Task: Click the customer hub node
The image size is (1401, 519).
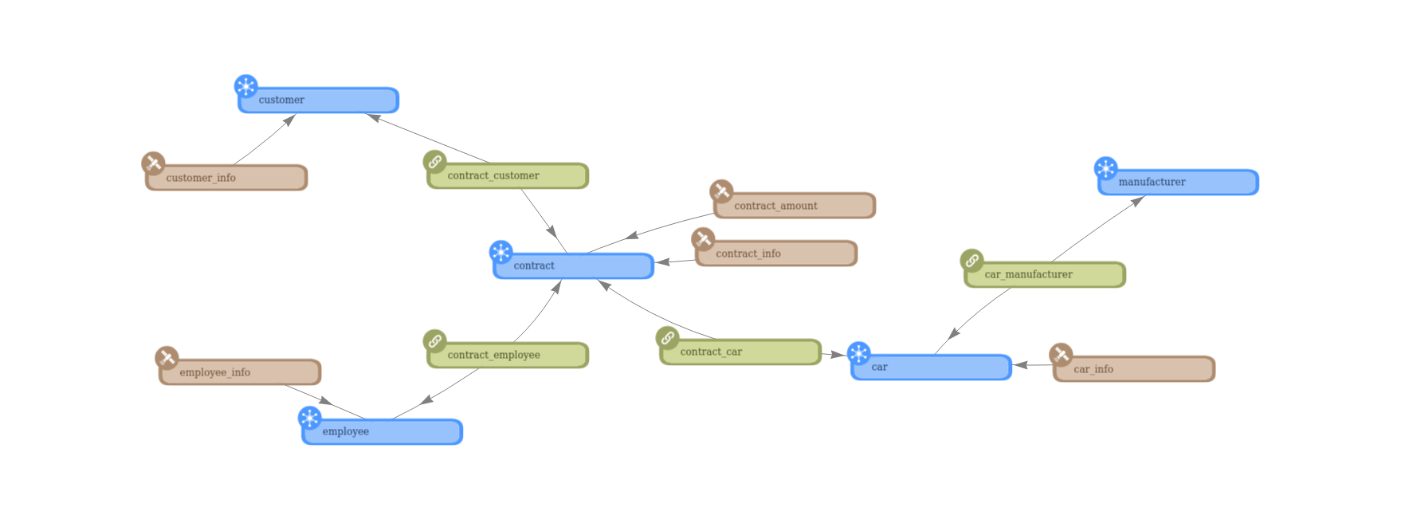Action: (318, 100)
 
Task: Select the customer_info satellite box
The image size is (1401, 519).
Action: (226, 178)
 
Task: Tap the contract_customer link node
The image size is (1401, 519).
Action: (508, 176)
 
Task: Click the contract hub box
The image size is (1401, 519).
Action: (573, 266)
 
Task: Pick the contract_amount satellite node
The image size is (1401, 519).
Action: (795, 206)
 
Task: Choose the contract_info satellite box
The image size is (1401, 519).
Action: (776, 254)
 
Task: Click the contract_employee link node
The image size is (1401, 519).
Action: (508, 356)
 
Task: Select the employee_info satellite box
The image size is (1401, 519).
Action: (240, 372)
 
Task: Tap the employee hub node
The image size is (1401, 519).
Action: (382, 432)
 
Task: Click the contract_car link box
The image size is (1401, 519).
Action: (740, 352)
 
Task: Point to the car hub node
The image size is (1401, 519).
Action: (931, 368)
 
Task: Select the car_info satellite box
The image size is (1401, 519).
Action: (1133, 369)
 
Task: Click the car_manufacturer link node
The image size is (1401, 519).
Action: (1045, 275)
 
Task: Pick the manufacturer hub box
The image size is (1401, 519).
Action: (1178, 183)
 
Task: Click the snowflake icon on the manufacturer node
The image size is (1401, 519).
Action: (1105, 168)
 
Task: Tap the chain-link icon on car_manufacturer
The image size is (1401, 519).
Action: (971, 261)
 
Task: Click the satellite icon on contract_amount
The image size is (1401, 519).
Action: (721, 191)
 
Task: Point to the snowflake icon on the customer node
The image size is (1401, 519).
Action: (246, 86)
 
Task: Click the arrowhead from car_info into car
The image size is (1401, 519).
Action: (1020, 366)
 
